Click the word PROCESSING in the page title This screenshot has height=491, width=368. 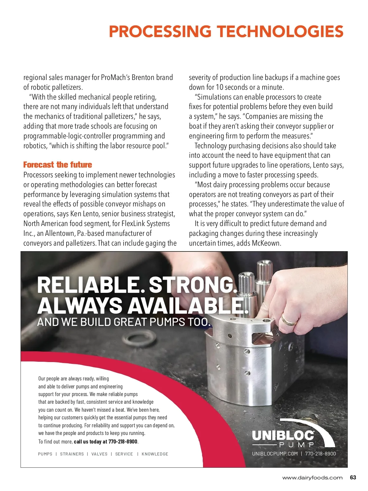160,32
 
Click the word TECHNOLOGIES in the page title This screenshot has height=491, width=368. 280,32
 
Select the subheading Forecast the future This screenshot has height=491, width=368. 58,165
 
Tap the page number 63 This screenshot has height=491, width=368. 353,478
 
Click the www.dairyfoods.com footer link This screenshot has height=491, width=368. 312,478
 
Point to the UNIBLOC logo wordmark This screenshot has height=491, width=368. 283,435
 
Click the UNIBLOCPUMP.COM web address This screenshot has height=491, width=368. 275,454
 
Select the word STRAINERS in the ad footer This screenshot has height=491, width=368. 72,454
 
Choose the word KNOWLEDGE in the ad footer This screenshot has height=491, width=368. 155,454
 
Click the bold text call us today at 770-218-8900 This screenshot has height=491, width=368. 106,441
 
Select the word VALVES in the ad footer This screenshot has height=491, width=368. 99,454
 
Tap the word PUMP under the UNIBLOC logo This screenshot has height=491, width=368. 297,444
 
